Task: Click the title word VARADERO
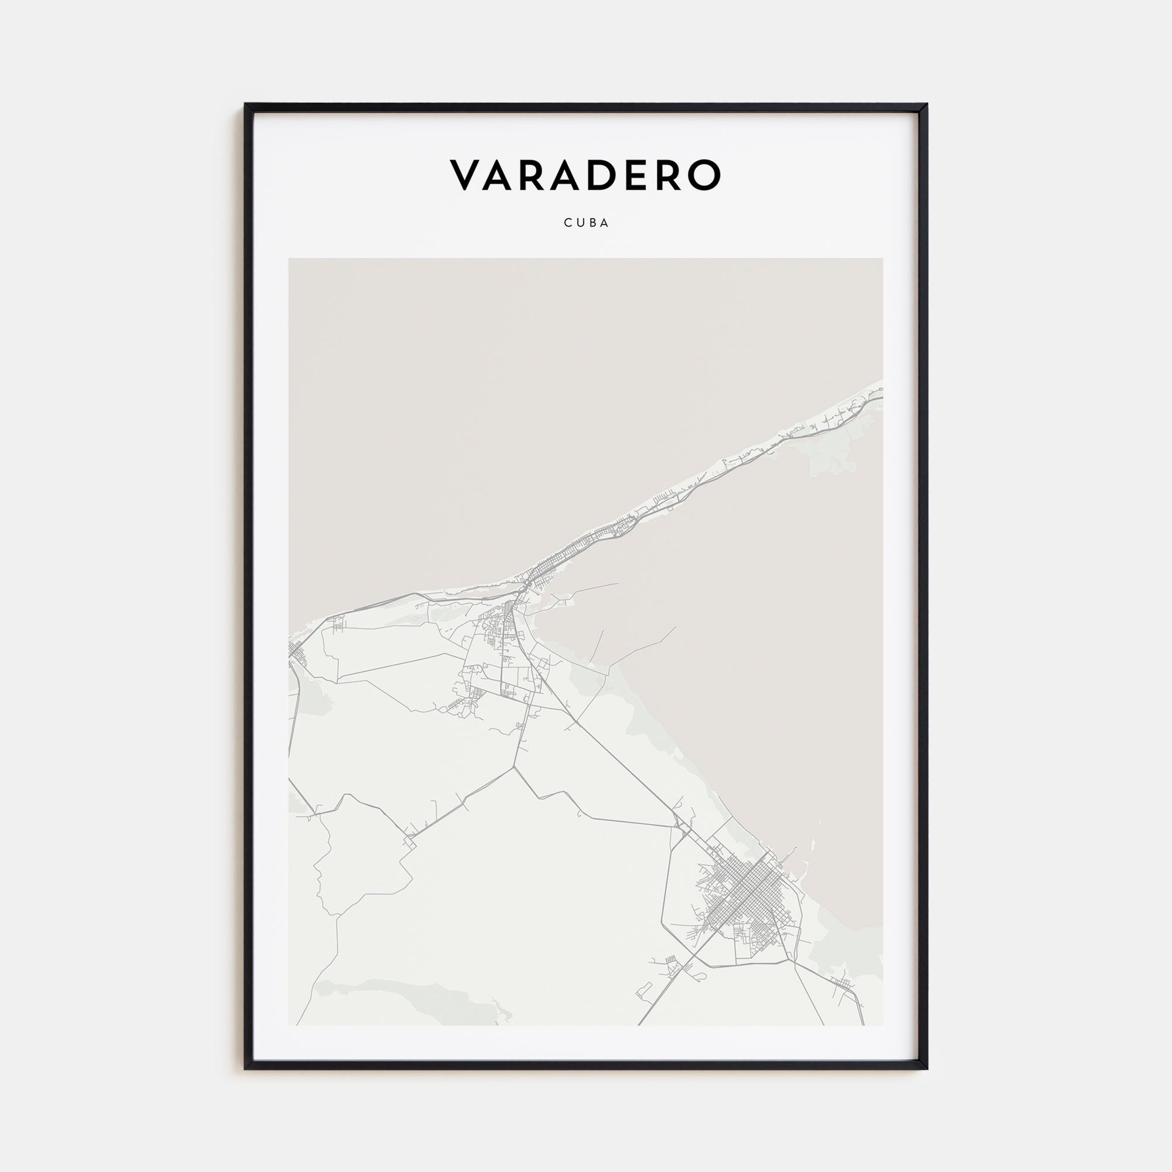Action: [x=585, y=175]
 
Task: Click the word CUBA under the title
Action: [x=586, y=223]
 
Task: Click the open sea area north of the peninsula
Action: [x=485, y=394]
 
